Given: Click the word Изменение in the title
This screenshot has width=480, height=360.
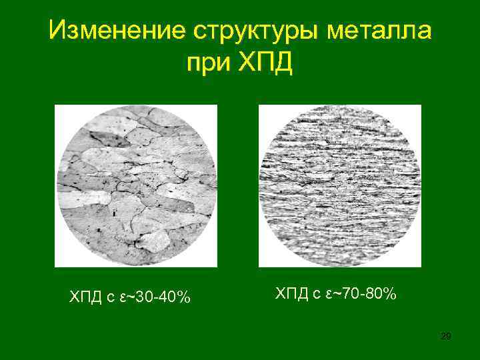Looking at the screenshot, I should click(114, 31).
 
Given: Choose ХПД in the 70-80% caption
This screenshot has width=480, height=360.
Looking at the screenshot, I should click(291, 293).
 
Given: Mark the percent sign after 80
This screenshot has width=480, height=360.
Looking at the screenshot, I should click(388, 293).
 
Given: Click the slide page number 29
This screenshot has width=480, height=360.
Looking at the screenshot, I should click(446, 336).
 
